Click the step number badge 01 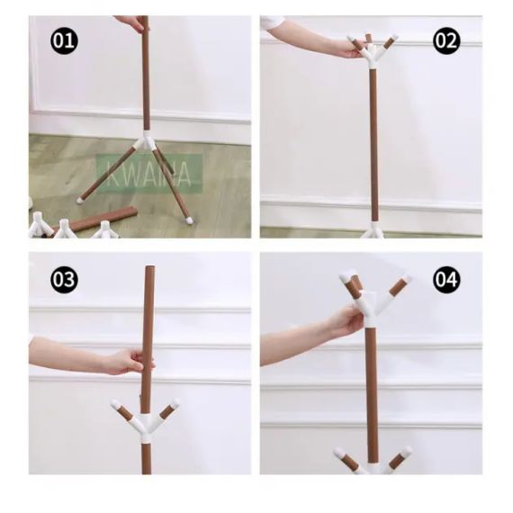click(x=64, y=40)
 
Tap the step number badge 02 click(x=446, y=40)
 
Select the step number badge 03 click(x=64, y=279)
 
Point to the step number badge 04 click(x=446, y=279)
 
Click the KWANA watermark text click(x=148, y=173)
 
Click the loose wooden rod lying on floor click(x=103, y=218)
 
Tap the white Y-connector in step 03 click(x=144, y=423)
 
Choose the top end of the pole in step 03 click(x=148, y=269)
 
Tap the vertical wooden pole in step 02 click(x=373, y=144)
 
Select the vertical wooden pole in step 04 click(x=371, y=387)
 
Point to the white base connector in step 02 click(x=373, y=231)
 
